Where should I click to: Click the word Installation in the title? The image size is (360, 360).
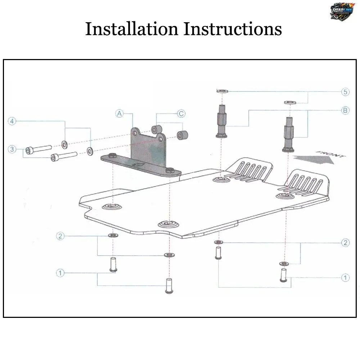132,29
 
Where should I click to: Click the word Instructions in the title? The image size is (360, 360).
233,29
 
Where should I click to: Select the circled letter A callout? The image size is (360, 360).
120,114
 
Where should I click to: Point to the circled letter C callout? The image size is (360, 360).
181,114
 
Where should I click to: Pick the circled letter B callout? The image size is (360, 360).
345,111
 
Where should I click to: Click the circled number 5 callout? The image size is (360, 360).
345,92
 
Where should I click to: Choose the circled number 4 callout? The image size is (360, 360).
12,121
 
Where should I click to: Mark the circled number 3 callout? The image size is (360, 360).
12,149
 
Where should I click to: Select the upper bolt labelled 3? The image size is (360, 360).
38,148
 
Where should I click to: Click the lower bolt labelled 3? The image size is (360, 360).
64,156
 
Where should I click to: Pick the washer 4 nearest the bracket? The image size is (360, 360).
90,150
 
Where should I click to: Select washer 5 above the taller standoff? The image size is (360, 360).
221,90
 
